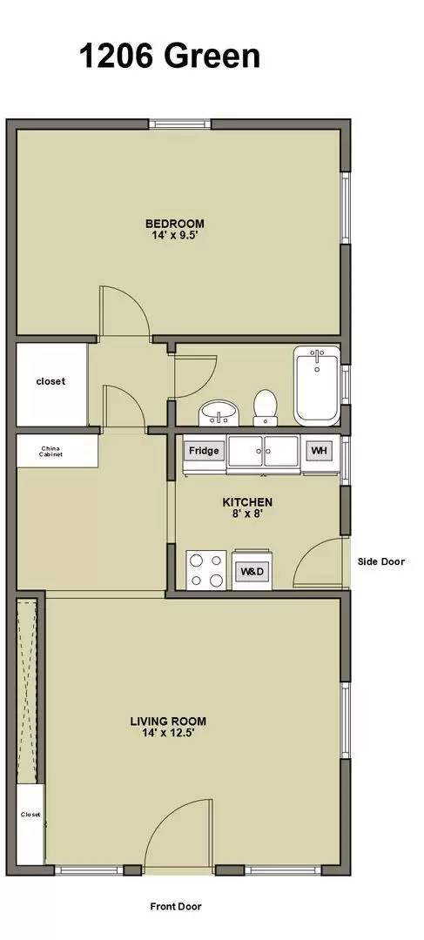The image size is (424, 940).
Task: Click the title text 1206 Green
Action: pyautogui.click(x=170, y=57)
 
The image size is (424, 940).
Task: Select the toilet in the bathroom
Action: pyautogui.click(x=265, y=406)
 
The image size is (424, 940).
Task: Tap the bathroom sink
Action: pyautogui.click(x=217, y=412)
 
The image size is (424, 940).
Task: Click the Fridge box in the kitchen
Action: pyautogui.click(x=204, y=452)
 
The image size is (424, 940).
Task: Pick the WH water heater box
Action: pyautogui.click(x=319, y=452)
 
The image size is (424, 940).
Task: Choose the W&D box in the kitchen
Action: pyautogui.click(x=252, y=573)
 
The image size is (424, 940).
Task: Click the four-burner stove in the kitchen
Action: pyautogui.click(x=206, y=571)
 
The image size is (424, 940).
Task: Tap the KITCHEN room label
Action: pyautogui.click(x=247, y=502)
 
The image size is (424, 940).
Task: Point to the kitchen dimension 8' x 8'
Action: pyautogui.click(x=247, y=514)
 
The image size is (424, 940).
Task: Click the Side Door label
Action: pyautogui.click(x=381, y=562)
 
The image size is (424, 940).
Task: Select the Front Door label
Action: pyautogui.click(x=177, y=906)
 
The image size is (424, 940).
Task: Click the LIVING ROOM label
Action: pyautogui.click(x=168, y=721)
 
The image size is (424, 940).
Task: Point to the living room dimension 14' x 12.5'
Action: pyautogui.click(x=168, y=733)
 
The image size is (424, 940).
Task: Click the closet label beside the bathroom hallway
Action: pyautogui.click(x=50, y=381)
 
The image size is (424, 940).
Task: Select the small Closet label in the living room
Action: pyautogui.click(x=31, y=815)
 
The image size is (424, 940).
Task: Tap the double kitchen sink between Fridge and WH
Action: pyautogui.click(x=263, y=452)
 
